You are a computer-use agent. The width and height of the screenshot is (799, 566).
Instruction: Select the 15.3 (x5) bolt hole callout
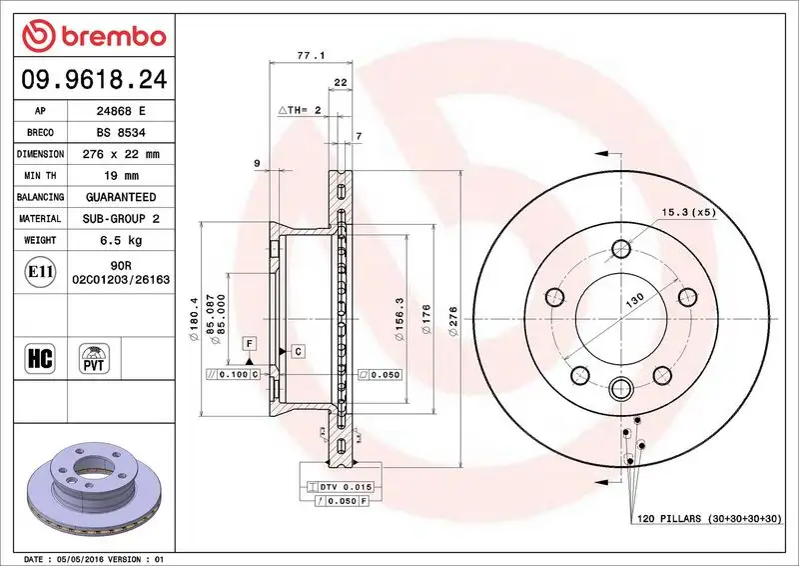pyautogui.click(x=689, y=212)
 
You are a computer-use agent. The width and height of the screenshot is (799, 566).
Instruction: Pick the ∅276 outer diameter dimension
pyautogui.click(x=454, y=320)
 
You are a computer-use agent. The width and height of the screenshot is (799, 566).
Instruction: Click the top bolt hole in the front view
pyautogui.click(x=619, y=251)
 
